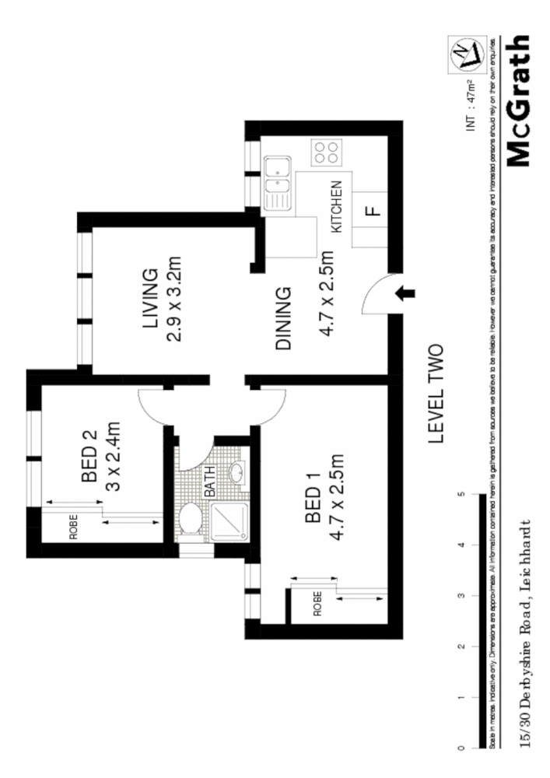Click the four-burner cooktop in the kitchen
326,152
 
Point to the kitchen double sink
276,184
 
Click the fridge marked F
372,211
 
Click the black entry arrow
406,293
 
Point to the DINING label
283,319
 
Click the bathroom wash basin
237,471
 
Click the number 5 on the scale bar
461,494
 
